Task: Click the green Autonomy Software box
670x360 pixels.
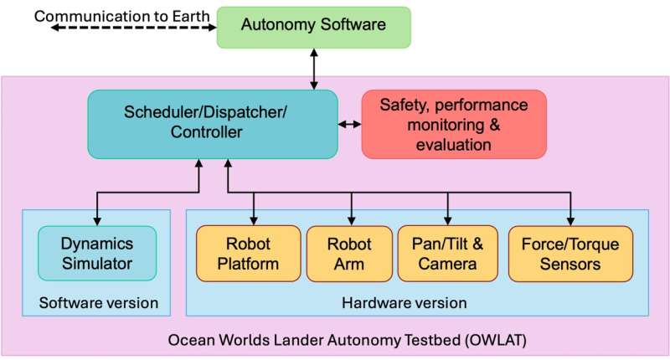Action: click(x=314, y=27)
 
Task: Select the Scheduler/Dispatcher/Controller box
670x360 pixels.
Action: click(x=213, y=124)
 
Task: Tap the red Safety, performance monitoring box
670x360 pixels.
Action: click(x=453, y=124)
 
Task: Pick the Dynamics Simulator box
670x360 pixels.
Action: click(x=96, y=254)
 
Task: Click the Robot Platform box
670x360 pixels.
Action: click(x=248, y=254)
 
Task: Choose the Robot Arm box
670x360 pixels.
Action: click(x=348, y=254)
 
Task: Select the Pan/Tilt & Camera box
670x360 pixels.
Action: click(x=448, y=254)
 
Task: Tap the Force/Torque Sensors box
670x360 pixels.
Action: click(x=570, y=254)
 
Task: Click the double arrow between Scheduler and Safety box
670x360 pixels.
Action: click(x=349, y=125)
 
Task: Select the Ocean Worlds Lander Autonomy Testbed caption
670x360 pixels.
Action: click(x=335, y=341)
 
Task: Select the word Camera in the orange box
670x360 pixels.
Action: click(x=448, y=265)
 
